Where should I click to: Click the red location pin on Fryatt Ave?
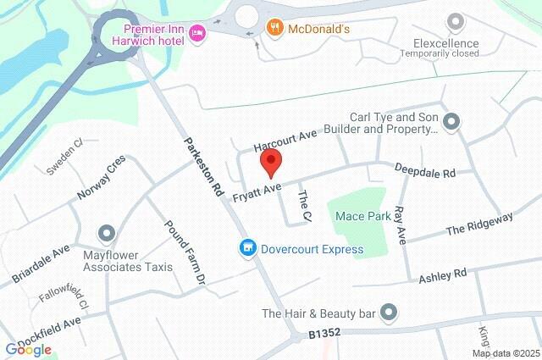(x=270, y=161)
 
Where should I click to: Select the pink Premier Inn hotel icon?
(x=197, y=32)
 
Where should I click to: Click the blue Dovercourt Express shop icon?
(x=247, y=248)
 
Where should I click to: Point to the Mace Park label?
(x=362, y=216)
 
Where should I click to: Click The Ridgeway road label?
(x=479, y=224)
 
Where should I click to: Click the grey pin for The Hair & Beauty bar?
(x=389, y=313)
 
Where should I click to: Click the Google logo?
(x=29, y=349)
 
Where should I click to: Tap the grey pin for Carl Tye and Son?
(x=451, y=122)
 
